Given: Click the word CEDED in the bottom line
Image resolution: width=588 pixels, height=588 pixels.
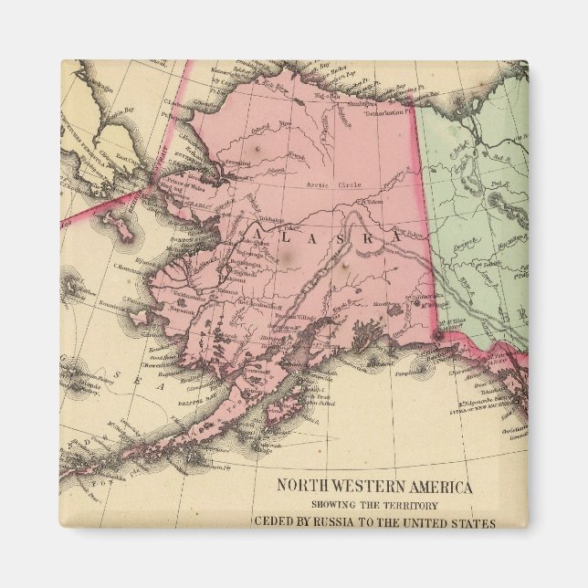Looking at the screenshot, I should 274,523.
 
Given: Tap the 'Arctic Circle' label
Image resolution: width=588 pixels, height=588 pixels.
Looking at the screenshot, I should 332,184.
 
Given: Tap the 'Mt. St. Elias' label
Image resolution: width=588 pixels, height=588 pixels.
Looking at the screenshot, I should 439,321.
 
